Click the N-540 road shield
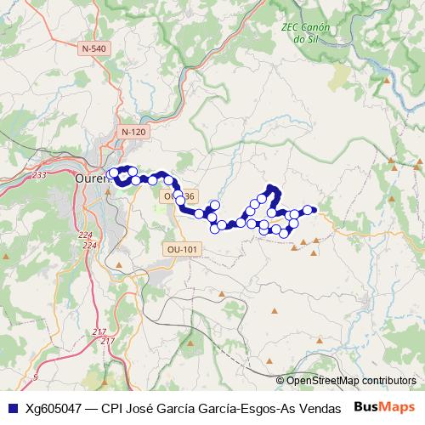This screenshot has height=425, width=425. pyautogui.click(x=94, y=49)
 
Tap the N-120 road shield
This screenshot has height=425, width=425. pyautogui.click(x=133, y=132)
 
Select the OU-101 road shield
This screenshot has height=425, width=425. pyautogui.click(x=183, y=249)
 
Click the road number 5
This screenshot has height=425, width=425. pyautogui.click(x=35, y=376)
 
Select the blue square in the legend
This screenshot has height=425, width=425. pyautogui.click(x=12, y=407)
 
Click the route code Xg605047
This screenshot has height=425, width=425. pyautogui.click(x=54, y=407)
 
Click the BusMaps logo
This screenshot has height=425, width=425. pyautogui.click(x=384, y=406)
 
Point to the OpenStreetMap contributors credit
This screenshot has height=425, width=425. pyautogui.click(x=345, y=381)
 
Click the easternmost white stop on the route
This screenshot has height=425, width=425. pyautogui.click(x=308, y=210)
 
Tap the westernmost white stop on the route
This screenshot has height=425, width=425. pyautogui.click(x=114, y=173)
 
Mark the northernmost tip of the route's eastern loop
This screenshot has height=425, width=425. pyautogui.click(x=271, y=187)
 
